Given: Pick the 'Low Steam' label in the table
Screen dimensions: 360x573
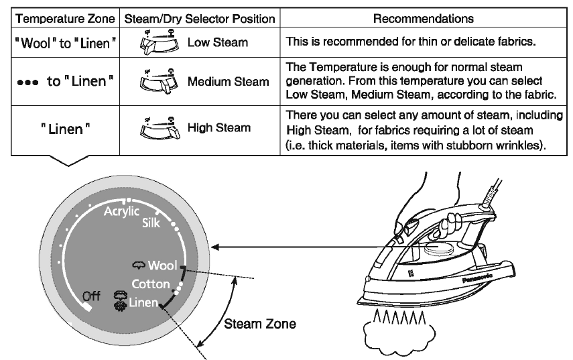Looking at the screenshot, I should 218,43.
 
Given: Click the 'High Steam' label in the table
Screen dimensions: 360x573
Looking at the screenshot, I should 219,127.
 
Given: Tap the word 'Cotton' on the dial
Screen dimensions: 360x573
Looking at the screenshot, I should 150,284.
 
